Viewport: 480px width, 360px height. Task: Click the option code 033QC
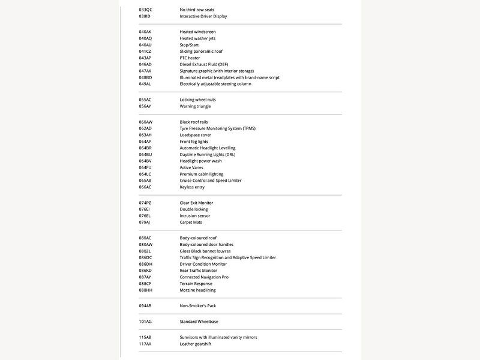click(145, 10)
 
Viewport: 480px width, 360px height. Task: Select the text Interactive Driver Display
click(203, 16)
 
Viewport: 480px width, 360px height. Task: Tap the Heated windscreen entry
click(197, 32)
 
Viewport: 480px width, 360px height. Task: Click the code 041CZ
click(145, 52)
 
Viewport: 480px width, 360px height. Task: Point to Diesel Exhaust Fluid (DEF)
click(204, 64)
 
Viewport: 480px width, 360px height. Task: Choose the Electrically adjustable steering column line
click(215, 84)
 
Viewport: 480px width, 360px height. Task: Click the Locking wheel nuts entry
click(197, 100)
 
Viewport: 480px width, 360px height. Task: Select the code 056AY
click(145, 106)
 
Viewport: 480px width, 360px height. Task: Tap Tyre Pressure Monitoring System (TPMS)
click(217, 128)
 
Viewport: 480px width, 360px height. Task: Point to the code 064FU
click(145, 167)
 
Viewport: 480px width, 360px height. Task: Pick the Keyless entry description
click(192, 187)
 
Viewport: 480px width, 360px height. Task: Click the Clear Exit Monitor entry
click(196, 203)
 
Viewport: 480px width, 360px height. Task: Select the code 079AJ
click(145, 222)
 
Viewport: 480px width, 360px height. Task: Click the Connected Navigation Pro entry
click(204, 277)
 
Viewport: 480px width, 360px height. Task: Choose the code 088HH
click(145, 290)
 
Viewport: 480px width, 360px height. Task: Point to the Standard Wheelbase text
click(199, 322)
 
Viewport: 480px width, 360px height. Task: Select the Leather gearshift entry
click(196, 344)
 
